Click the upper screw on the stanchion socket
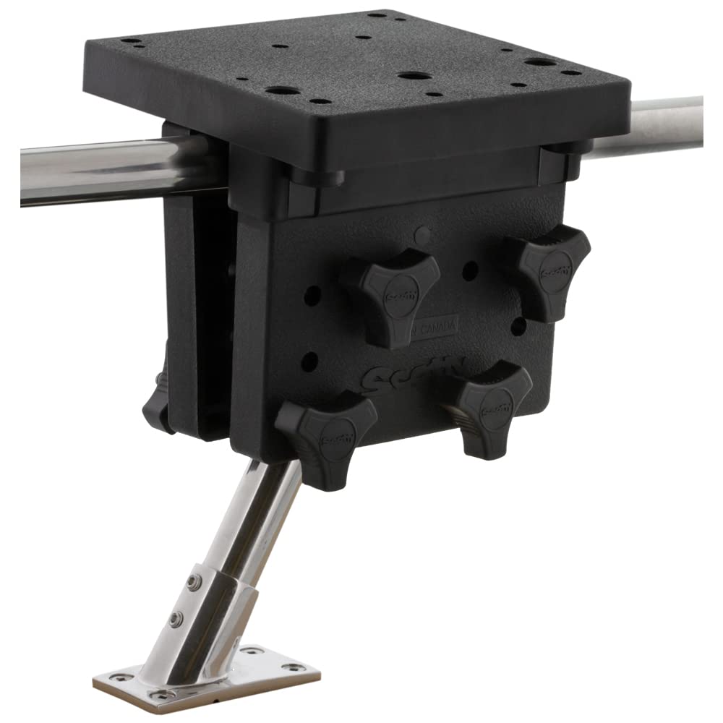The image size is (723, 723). pos(192,581)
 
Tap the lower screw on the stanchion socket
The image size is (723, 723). pos(174,619)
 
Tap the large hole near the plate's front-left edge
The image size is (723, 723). pos(281,90)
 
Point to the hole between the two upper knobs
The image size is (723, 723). pos(470,270)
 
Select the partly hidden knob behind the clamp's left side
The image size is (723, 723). pos(157,405)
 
